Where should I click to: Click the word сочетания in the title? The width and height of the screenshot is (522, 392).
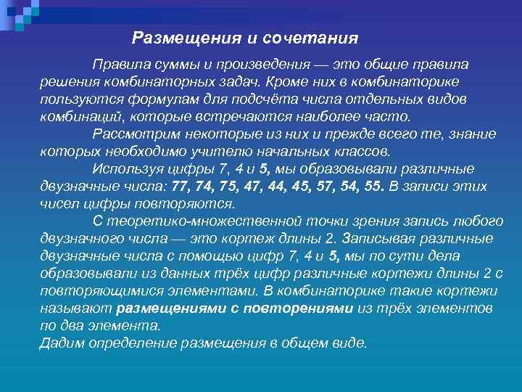tap(315, 36)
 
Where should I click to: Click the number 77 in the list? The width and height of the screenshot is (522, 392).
tap(178, 187)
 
